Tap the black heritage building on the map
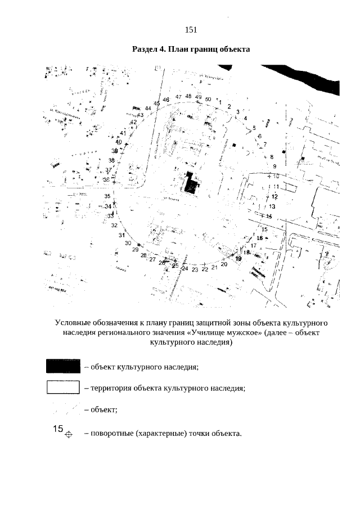click(x=192, y=183)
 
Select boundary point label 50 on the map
click(x=208, y=99)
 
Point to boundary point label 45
click(x=157, y=103)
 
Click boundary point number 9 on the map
click(x=275, y=166)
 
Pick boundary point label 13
click(x=272, y=206)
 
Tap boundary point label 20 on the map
click(x=224, y=264)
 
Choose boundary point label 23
click(x=195, y=270)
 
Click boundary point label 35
click(x=107, y=196)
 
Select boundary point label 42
click(x=134, y=122)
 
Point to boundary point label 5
click(x=254, y=128)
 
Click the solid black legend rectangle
click(x=63, y=366)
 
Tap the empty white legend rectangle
click(x=63, y=388)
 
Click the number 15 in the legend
click(x=58, y=429)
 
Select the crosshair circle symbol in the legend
click(x=69, y=435)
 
